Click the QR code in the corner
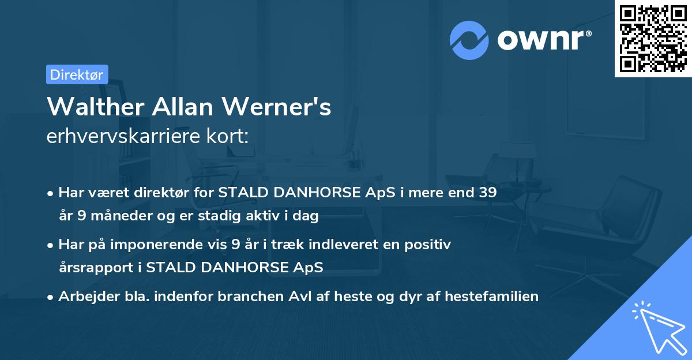pos(653,39)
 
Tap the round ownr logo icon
pos(469,40)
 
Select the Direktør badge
pos(77,74)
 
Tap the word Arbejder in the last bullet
pos(84,297)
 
